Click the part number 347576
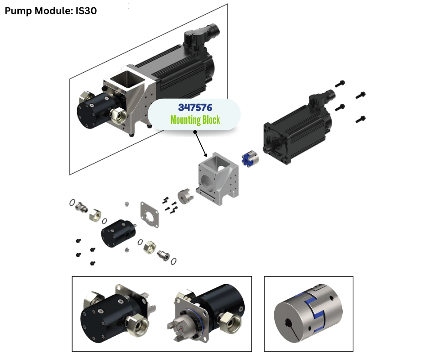pos(195,107)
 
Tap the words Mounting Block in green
pos(195,120)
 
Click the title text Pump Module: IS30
pos(51,11)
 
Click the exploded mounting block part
pos(218,178)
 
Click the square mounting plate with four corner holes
pos(149,215)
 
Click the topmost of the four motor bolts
pos(340,84)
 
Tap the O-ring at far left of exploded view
pos(72,202)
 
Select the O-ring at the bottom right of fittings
pos(173,261)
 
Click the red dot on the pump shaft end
pos(181,327)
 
